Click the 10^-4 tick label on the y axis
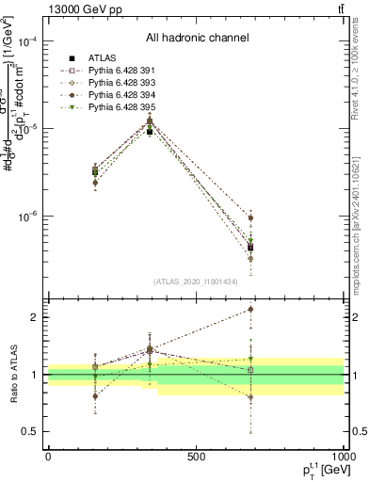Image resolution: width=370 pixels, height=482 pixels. click(x=27, y=42)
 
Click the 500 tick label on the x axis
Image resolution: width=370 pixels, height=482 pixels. click(x=196, y=456)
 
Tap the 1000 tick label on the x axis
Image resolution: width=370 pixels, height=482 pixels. click(x=342, y=456)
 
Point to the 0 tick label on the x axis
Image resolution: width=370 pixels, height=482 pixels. click(x=48, y=456)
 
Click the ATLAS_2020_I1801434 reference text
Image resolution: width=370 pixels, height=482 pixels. click(x=197, y=281)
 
